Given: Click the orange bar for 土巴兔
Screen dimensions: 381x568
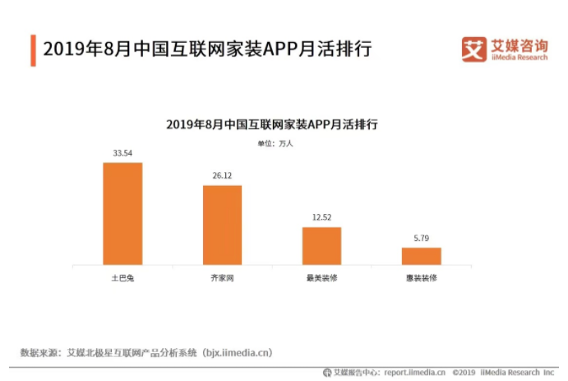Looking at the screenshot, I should point(122,213).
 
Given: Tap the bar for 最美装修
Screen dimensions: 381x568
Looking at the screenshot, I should point(321,245).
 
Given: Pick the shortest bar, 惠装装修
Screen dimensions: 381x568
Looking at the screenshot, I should point(421,256).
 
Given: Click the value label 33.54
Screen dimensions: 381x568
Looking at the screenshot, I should point(122,153).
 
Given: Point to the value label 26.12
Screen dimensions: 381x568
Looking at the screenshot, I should point(222,176).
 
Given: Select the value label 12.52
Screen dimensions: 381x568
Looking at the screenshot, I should point(321,217).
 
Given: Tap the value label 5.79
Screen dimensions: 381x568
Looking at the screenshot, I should point(421,239).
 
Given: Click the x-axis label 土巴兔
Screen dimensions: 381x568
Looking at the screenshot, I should point(122,278).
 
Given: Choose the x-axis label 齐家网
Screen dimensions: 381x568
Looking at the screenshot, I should point(222,278).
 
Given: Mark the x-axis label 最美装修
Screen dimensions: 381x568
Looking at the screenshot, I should point(321,278).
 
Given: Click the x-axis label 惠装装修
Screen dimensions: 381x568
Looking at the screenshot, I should point(421,278).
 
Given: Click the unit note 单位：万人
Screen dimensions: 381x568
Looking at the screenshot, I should point(275,143).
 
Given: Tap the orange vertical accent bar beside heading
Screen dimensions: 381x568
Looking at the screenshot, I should point(33,50).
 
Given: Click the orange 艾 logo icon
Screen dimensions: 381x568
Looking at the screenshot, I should point(474,49).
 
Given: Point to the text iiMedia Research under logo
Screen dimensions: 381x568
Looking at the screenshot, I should point(519,57).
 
